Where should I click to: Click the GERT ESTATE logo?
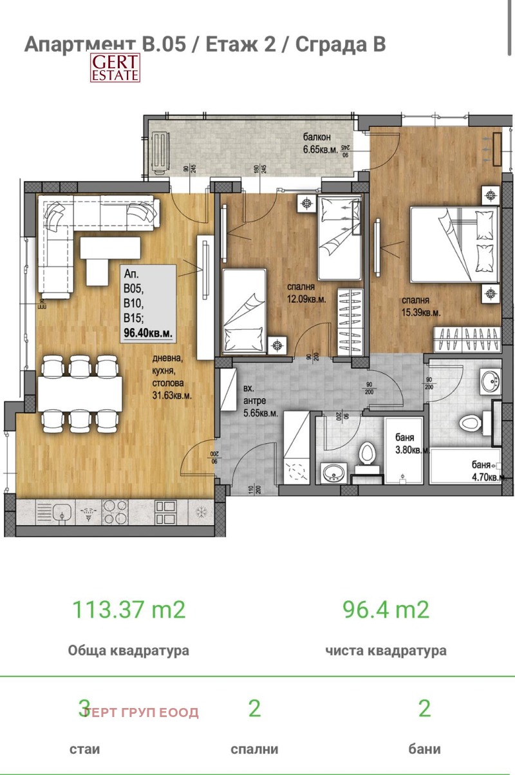pos(115,68)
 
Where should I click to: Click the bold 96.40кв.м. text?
pos(147,333)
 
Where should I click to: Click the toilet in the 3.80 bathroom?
pos(368,453)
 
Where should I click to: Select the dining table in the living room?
pos(79,393)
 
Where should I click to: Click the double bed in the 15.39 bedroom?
pos(454,244)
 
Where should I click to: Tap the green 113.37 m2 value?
pos(128,609)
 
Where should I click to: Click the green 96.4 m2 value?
pos(385,609)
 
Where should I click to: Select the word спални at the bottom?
pos(254,749)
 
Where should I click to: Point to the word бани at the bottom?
pos(424,749)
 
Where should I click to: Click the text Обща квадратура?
pos(128,650)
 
